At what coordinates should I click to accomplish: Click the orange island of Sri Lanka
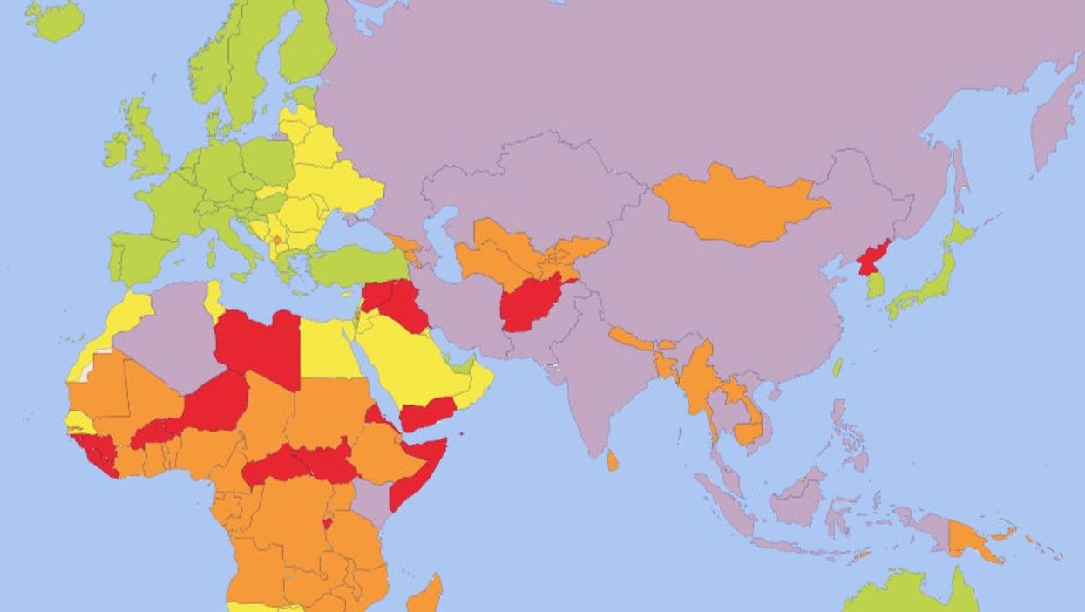click(613, 460)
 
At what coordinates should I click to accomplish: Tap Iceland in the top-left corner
click(54, 19)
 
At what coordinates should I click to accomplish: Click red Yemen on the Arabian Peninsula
click(427, 411)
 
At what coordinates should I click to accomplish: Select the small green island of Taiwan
click(837, 367)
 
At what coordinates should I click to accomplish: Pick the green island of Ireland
click(115, 150)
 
